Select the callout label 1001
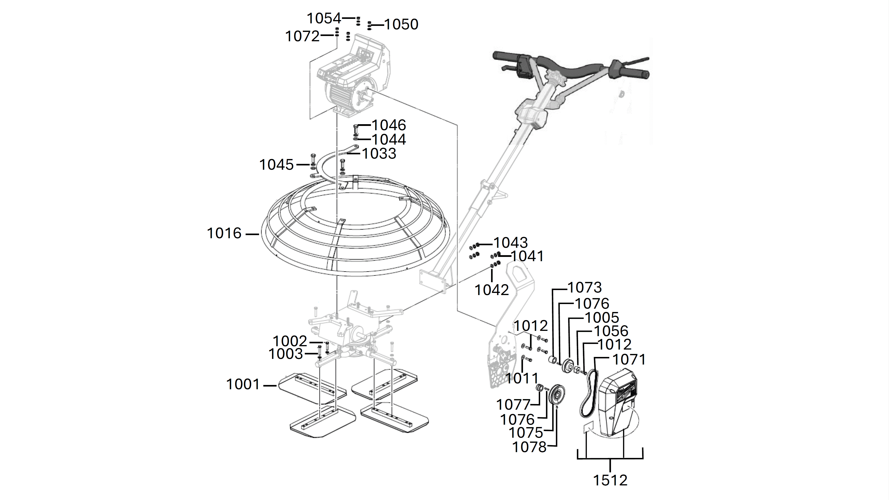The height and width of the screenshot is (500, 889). point(243,384)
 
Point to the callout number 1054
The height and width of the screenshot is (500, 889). point(324,18)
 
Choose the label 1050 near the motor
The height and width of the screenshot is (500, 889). point(401,25)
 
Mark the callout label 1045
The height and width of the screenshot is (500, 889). point(276,165)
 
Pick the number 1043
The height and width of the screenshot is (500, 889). point(510,243)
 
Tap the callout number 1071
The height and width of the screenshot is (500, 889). point(629,359)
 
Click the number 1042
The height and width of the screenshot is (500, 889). point(492,290)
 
